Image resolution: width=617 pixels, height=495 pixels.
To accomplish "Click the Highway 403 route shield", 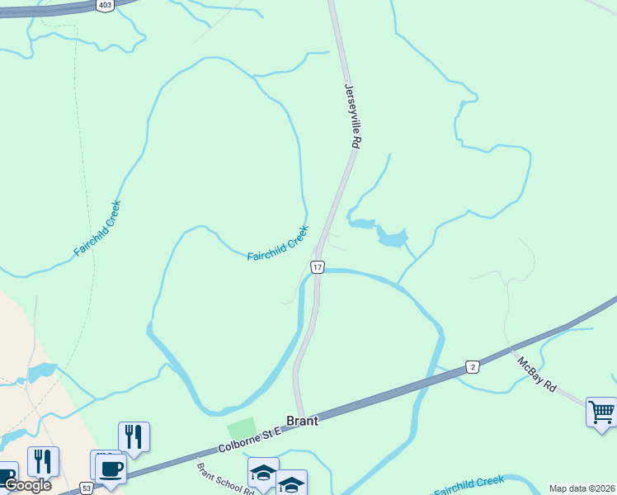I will click(105, 5).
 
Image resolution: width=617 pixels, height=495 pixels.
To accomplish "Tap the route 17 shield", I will click(318, 267).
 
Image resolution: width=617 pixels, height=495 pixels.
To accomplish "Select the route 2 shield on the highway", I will click(472, 365).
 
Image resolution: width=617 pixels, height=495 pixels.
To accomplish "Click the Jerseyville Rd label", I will click(353, 115).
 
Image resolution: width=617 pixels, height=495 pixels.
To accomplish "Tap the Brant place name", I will click(302, 420).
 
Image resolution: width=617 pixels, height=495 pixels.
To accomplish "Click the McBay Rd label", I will click(537, 374).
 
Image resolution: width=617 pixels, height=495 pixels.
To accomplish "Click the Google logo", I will click(27, 484).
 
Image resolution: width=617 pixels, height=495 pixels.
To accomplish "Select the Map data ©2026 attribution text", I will click(582, 488).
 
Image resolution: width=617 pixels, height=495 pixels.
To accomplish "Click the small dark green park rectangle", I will click(241, 429).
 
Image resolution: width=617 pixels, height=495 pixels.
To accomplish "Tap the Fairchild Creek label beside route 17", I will click(278, 244).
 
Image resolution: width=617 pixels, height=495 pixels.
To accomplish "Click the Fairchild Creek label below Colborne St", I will click(469, 484).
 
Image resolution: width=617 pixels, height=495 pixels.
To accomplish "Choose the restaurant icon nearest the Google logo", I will click(42, 460).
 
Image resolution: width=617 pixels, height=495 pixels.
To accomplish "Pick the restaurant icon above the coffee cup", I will click(134, 435).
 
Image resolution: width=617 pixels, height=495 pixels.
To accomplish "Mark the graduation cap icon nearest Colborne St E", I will click(263, 472).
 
